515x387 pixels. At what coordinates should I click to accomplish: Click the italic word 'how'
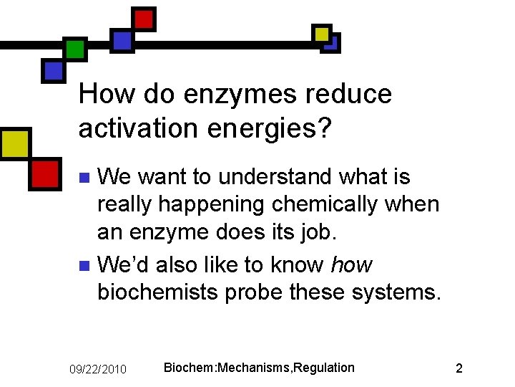[351, 264]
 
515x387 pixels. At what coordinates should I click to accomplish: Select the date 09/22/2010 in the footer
[98, 369]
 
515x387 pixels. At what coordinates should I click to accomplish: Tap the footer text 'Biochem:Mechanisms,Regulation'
[259, 368]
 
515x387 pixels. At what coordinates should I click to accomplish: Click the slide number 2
[459, 368]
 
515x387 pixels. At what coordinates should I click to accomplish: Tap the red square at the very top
[144, 19]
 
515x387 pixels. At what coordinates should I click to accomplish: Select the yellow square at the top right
[322, 34]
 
